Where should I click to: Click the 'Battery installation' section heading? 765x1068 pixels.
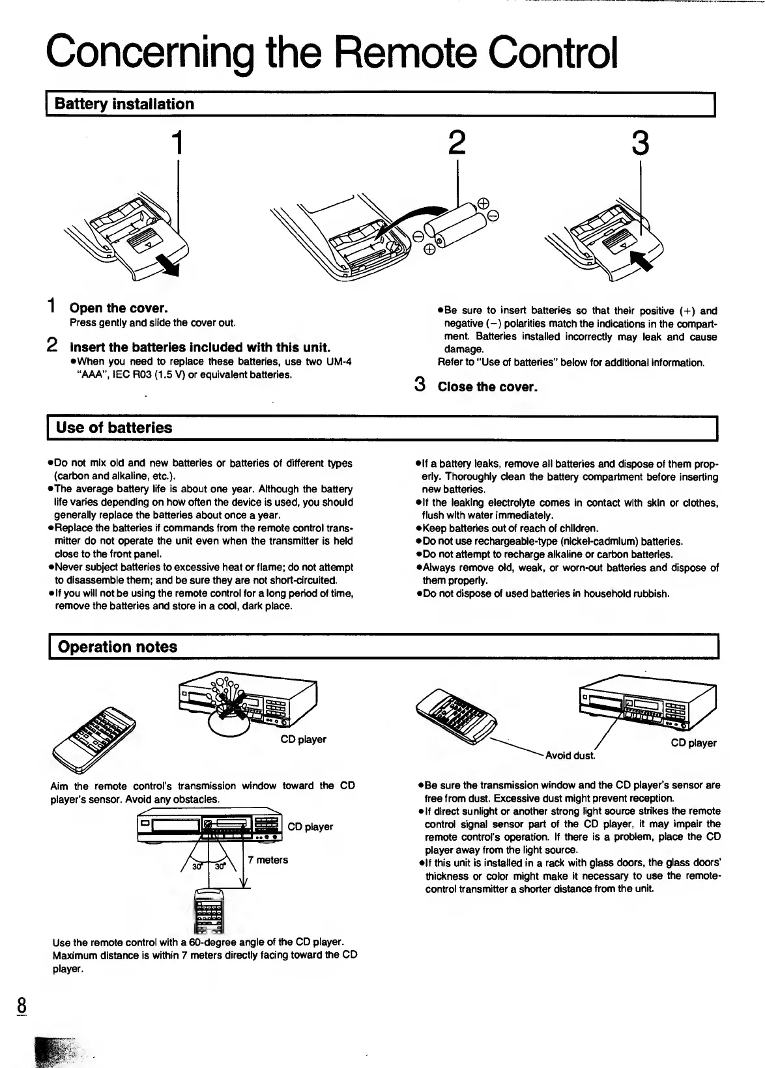tap(124, 104)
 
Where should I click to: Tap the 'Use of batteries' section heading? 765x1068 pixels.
tap(114, 428)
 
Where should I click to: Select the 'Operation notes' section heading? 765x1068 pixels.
tap(117, 647)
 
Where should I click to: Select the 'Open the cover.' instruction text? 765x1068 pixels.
tap(118, 307)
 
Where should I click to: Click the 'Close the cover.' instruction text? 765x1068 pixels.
tap(487, 387)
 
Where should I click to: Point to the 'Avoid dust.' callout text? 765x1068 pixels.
tap(570, 755)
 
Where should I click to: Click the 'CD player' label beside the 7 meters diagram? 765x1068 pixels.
tap(310, 826)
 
